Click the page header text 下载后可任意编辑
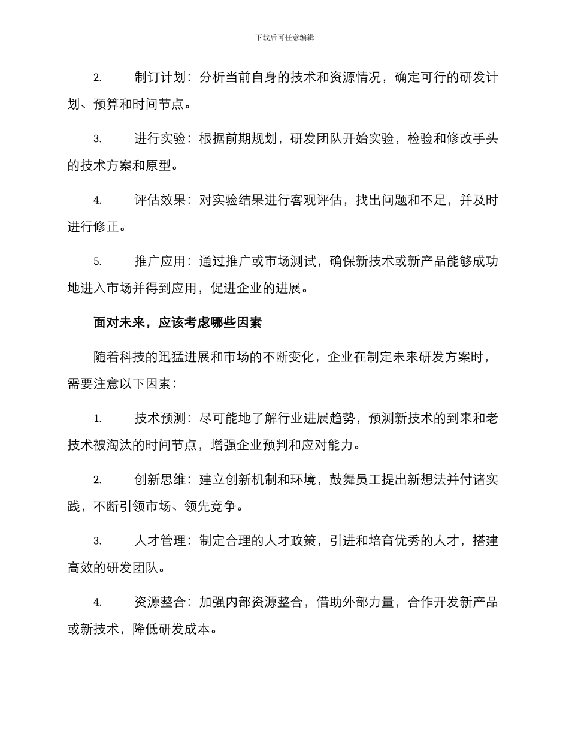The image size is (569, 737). [284, 37]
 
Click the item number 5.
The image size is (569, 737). [97, 261]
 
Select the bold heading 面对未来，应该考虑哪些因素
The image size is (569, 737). [178, 323]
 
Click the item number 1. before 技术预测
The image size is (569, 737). [97, 418]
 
